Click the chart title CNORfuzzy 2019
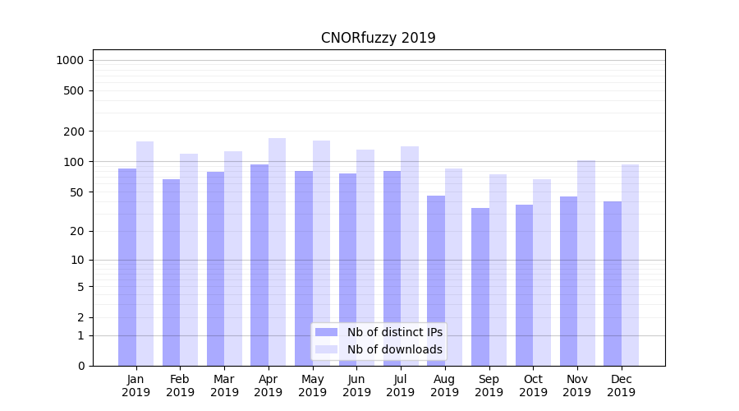pyautogui.click(x=378, y=38)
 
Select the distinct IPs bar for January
pyautogui.click(x=127, y=267)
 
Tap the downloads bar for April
pyautogui.click(x=278, y=252)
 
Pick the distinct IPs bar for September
pyautogui.click(x=480, y=287)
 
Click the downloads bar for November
pyautogui.click(x=586, y=263)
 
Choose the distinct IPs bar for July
pyautogui.click(x=392, y=268)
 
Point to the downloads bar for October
pyautogui.click(x=542, y=272)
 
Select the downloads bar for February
pyautogui.click(x=189, y=260)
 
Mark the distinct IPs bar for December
pyautogui.click(x=613, y=284)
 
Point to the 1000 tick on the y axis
pyautogui.click(x=70, y=60)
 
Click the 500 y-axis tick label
pyautogui.click(x=74, y=90)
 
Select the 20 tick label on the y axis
pyautogui.click(x=76, y=231)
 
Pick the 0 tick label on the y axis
pyautogui.click(x=80, y=366)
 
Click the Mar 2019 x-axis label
pyautogui.click(x=224, y=386)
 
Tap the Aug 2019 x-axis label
pyautogui.click(x=445, y=386)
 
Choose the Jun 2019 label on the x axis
pyautogui.click(x=356, y=386)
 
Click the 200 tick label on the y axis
pyautogui.click(x=74, y=132)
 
